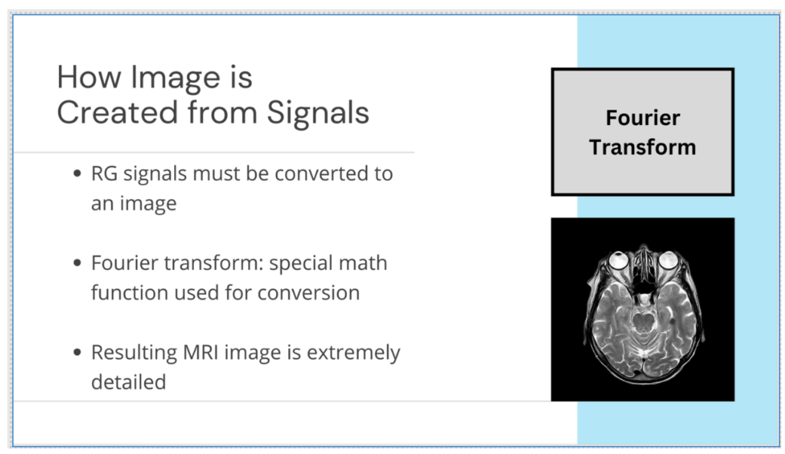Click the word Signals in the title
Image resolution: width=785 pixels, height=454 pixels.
pyautogui.click(x=318, y=113)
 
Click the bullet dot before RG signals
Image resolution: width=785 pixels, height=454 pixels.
pyautogui.click(x=77, y=174)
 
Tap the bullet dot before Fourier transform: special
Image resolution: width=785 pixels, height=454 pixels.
pyautogui.click(x=77, y=264)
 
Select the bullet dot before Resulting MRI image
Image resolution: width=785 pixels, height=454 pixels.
pyautogui.click(x=77, y=354)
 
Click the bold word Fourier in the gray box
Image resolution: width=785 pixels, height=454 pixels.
pyautogui.click(x=642, y=118)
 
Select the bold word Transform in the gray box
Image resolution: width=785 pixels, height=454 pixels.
pyautogui.click(x=642, y=147)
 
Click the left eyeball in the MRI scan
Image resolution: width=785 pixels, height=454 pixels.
pyautogui.click(x=617, y=261)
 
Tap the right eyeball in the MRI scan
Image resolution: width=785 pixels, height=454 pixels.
pyautogui.click(x=668, y=261)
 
